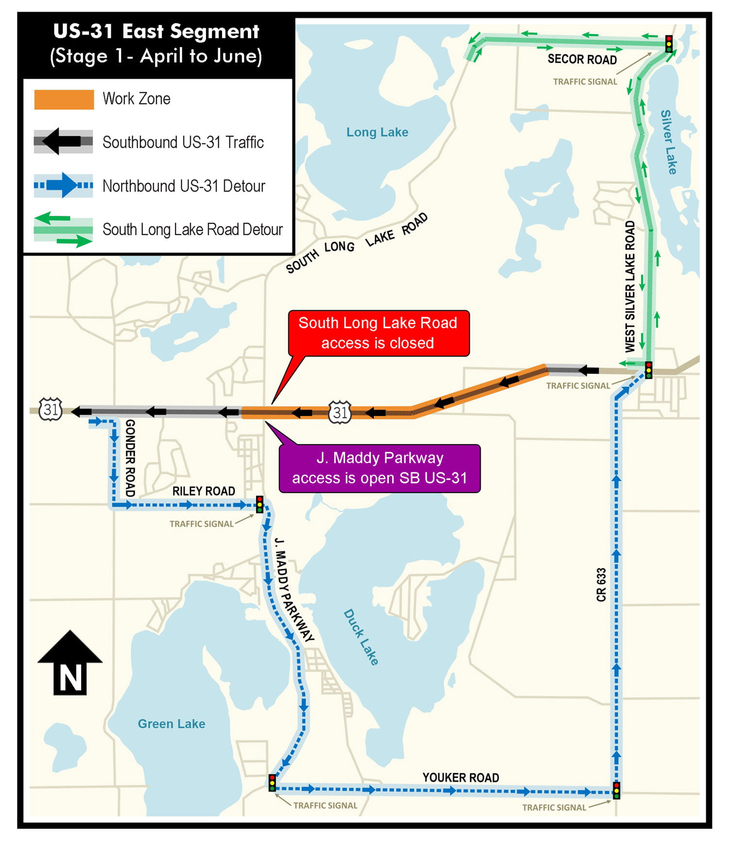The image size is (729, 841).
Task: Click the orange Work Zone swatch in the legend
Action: point(64,99)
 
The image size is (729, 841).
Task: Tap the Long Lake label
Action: point(377,132)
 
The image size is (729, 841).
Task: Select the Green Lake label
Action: point(172,724)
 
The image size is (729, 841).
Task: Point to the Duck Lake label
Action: point(361,637)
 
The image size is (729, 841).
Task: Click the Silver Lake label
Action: point(669,142)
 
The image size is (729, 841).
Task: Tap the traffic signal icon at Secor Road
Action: point(669,44)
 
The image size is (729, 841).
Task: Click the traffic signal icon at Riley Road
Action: point(260,504)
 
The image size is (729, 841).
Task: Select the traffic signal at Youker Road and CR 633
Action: point(616,790)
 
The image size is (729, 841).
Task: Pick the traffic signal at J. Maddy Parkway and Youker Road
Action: point(272,783)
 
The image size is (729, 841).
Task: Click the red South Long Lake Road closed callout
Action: point(378,333)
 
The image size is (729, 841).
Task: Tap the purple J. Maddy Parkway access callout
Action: point(380,468)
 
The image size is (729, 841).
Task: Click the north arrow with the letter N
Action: point(70,663)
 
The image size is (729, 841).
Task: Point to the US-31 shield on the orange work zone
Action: point(340,412)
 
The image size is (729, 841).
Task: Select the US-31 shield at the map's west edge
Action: point(51,409)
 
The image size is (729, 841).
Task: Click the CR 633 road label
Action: point(601,585)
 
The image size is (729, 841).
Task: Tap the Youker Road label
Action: point(460,778)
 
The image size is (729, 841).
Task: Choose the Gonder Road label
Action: point(130,458)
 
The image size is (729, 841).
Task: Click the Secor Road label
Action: point(582,59)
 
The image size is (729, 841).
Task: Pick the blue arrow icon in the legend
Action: point(64,186)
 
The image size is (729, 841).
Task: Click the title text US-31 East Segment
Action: point(156,32)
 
